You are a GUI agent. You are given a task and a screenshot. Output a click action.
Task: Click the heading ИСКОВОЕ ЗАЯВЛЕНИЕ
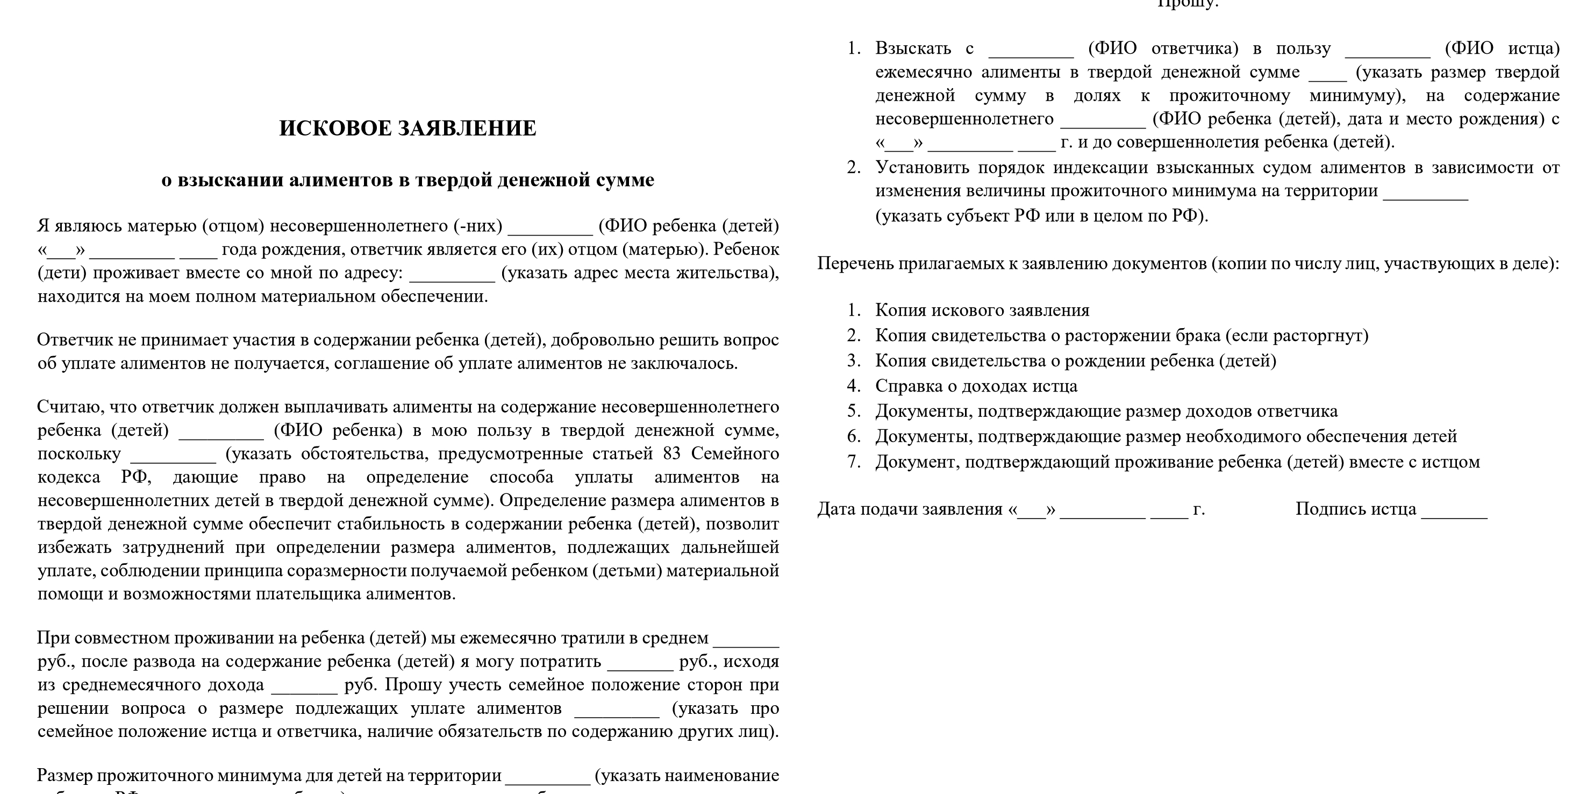pyautogui.click(x=407, y=128)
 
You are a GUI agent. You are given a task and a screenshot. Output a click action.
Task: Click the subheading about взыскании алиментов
pyautogui.click(x=407, y=180)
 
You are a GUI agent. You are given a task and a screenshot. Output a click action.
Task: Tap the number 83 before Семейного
pyautogui.click(x=671, y=453)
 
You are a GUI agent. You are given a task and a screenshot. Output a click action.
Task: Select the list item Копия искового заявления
pyautogui.click(x=982, y=310)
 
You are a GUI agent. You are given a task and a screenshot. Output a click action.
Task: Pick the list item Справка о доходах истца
pyautogui.click(x=976, y=386)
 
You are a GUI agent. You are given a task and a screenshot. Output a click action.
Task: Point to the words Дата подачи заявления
pyautogui.click(x=909, y=509)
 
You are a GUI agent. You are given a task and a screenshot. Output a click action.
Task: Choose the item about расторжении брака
pyautogui.click(x=1121, y=335)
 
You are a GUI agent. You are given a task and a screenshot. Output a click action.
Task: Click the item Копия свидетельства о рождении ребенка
pyautogui.click(x=1076, y=360)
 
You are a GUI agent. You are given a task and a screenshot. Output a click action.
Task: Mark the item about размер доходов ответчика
pyautogui.click(x=1106, y=411)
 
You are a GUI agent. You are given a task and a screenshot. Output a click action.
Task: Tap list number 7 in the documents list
pyautogui.click(x=854, y=462)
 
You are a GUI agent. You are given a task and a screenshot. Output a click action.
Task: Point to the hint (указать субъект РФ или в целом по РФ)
pyautogui.click(x=1041, y=216)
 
